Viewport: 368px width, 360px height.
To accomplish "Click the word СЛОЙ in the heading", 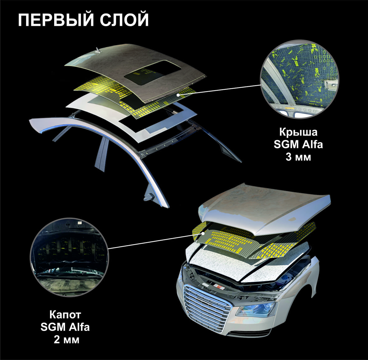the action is click(x=124, y=20).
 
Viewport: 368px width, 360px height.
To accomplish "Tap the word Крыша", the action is click(x=298, y=132).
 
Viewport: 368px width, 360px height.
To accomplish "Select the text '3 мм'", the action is click(x=298, y=157).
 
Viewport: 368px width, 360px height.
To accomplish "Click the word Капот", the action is click(x=65, y=315).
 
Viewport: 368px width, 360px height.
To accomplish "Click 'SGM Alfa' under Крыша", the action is click(x=298, y=144).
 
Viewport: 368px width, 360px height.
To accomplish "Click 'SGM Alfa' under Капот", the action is click(x=65, y=327).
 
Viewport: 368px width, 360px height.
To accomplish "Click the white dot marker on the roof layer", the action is click(x=178, y=95).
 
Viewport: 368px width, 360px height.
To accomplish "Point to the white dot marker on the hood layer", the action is click(x=203, y=233).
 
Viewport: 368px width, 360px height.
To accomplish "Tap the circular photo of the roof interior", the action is click(x=300, y=79).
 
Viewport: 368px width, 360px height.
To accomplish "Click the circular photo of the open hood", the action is click(x=69, y=257).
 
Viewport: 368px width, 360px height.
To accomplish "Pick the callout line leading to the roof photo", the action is click(x=220, y=90).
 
